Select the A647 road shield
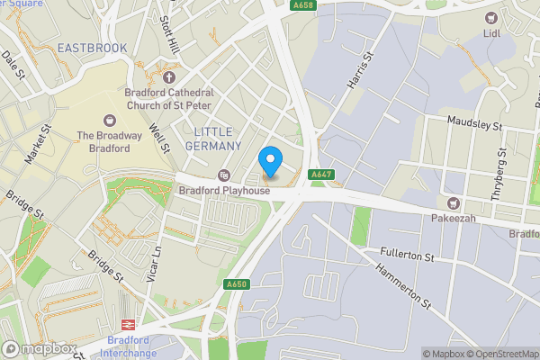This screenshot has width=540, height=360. pos(322,174)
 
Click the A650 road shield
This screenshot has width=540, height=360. pos(237,284)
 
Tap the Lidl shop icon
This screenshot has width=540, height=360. pos(491,18)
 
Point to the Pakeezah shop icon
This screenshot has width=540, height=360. pos(454,203)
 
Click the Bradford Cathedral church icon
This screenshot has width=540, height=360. pos(168,76)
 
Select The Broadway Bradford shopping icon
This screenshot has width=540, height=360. pos(111,121)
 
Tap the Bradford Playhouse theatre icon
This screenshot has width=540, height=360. pos(224,175)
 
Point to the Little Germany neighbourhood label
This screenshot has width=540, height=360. pos(218,139)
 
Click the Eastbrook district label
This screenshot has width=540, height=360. pos(92,47)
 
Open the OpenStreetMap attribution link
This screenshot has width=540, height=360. pos(500,354)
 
